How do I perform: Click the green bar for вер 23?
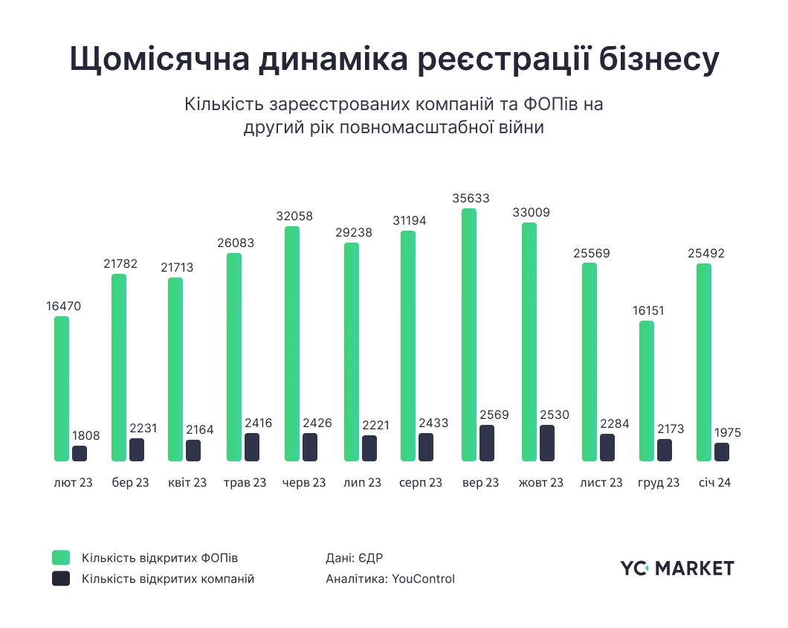[468, 335]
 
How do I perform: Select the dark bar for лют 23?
[80, 453]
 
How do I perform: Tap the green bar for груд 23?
[647, 391]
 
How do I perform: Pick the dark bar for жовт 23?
[547, 443]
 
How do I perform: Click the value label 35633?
[471, 199]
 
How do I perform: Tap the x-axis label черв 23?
[304, 483]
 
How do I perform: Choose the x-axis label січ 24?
[714, 483]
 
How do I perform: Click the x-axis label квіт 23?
[187, 483]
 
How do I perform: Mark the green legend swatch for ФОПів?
[61, 557]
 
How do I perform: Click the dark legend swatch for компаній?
[61, 578]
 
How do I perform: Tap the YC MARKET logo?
[677, 568]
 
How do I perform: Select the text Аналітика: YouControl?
[390, 578]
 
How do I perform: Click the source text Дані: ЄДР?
[354, 557]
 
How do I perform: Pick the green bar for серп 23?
[408, 346]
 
